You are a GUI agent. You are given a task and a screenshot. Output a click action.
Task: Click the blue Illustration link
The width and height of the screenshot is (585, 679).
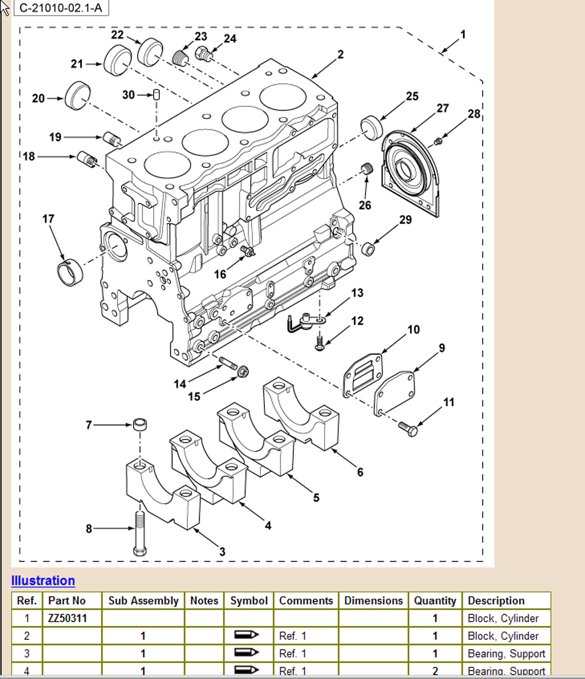pyautogui.click(x=43, y=580)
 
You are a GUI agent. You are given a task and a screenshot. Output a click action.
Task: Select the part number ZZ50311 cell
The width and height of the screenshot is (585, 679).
pyautogui.click(x=67, y=618)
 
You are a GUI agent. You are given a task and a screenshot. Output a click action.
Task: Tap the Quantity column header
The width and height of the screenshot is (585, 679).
pyautogui.click(x=435, y=601)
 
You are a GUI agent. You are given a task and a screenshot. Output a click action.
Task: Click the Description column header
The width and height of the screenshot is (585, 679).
pyautogui.click(x=496, y=601)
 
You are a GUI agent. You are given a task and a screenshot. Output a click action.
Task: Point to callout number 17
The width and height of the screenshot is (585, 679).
pyautogui.click(x=48, y=219)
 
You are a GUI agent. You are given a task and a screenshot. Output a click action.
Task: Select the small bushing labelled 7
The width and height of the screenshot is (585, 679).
pyautogui.click(x=140, y=424)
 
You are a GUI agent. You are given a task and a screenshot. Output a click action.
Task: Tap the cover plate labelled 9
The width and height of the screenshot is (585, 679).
pyautogui.click(x=395, y=393)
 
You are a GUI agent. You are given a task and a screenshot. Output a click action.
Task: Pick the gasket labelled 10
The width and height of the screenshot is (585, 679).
pyautogui.click(x=363, y=377)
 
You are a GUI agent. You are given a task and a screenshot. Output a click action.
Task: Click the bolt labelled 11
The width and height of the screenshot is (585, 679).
pyautogui.click(x=408, y=429)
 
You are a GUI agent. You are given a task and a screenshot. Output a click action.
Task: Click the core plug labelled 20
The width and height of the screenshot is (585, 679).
pyautogui.click(x=78, y=95)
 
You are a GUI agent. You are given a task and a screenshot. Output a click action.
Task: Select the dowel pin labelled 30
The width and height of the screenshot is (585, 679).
pyautogui.click(x=157, y=94)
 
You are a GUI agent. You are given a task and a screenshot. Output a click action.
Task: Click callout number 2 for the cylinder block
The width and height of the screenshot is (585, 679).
pyautogui.click(x=340, y=54)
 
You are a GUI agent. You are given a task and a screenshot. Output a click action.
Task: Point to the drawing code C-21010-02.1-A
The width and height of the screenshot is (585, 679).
pyautogui.click(x=60, y=8)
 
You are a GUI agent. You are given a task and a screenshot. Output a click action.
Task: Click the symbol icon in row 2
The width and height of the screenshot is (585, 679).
pyautogui.click(x=246, y=635)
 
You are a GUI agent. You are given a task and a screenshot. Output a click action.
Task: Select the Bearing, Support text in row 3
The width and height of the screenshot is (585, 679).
pyautogui.click(x=506, y=653)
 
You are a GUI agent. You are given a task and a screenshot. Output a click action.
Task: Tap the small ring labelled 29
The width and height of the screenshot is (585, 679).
pyautogui.click(x=368, y=249)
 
